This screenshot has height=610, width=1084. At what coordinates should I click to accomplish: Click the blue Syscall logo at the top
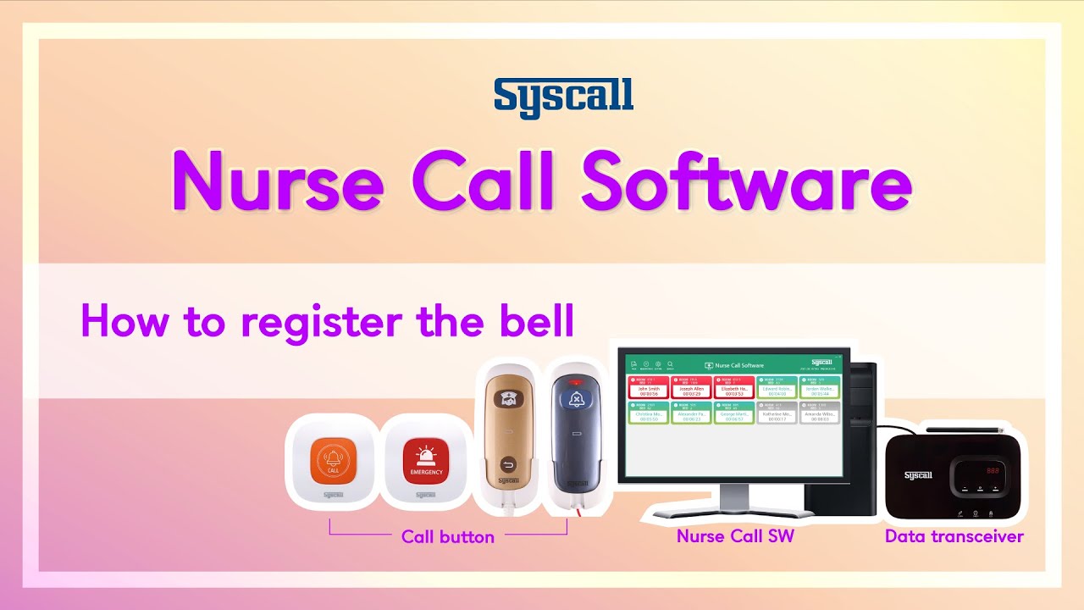point(563,97)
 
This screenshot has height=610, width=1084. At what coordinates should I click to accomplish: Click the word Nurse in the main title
point(279,181)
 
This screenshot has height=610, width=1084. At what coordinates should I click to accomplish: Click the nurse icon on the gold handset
point(508,400)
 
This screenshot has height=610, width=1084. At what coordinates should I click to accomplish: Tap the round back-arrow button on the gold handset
point(508,463)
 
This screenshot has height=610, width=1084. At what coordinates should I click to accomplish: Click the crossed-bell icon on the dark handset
point(577,400)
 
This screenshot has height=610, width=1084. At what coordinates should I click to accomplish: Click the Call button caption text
point(447,536)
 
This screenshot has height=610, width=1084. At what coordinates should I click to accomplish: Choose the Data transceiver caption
point(954,536)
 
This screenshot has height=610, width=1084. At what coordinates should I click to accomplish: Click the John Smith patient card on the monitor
point(649,388)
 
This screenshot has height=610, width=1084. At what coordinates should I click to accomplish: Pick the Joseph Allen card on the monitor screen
point(691,388)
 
